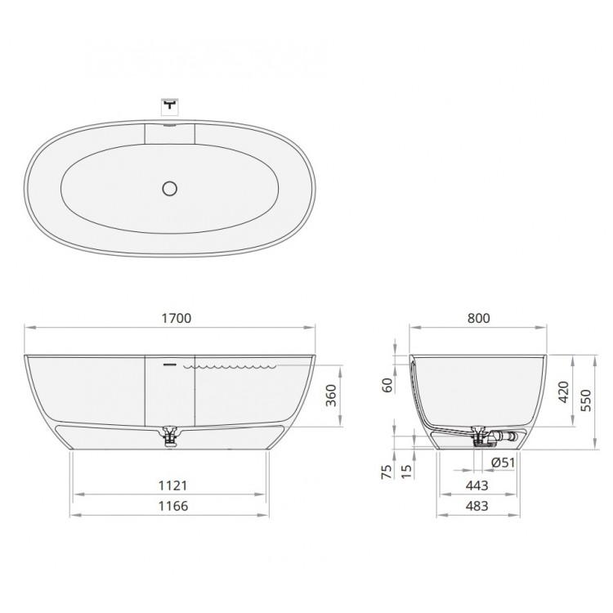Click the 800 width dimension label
coord(480,319)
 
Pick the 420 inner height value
coord(562,392)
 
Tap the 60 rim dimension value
coord(387,385)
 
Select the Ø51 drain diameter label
coord(503,463)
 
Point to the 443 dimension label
coord(477,485)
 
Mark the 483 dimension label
coord(477,506)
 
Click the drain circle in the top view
coord(170,189)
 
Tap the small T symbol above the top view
coord(170,105)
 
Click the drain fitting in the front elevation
coord(171,435)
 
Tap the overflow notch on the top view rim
coord(170,126)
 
